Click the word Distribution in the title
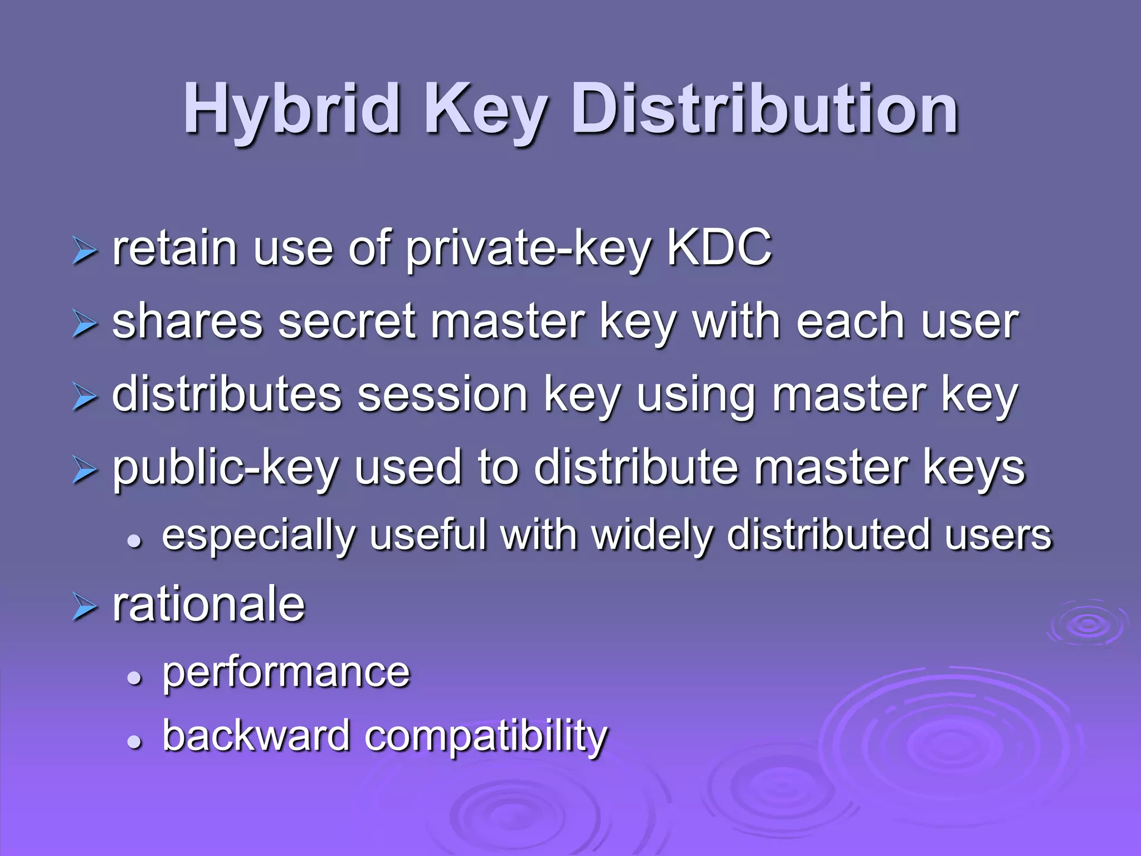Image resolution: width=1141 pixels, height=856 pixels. [764, 110]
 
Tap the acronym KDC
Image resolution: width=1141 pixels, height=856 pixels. [719, 248]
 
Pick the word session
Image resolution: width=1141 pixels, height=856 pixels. [442, 396]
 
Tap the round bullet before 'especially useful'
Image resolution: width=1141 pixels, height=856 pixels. [134, 540]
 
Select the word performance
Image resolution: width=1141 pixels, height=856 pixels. [286, 674]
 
